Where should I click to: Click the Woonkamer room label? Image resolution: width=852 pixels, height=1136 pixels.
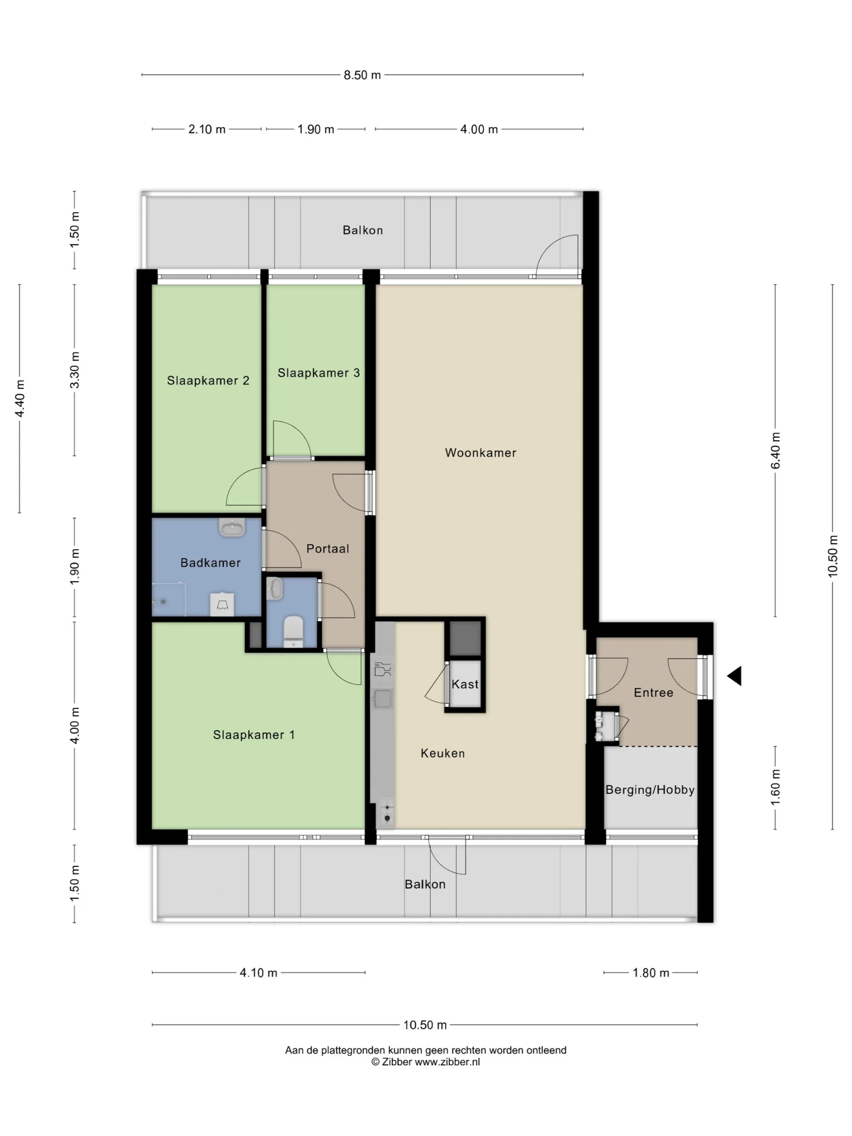(480, 453)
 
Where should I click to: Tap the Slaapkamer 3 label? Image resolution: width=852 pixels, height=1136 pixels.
(319, 373)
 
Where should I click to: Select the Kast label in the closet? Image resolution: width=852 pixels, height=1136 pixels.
(465, 684)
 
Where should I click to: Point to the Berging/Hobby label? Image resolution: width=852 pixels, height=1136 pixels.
(650, 790)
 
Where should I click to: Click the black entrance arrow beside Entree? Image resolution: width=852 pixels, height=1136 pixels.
(735, 676)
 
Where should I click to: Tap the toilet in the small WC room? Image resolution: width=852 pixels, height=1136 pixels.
(293, 632)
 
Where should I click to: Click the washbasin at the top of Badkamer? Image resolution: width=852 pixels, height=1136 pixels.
(232, 528)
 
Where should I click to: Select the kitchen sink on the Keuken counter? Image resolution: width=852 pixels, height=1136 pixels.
(383, 698)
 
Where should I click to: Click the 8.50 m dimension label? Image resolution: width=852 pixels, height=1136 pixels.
(362, 75)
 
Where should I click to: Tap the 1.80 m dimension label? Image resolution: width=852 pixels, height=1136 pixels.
(651, 973)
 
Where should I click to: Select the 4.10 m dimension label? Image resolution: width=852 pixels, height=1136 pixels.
(258, 973)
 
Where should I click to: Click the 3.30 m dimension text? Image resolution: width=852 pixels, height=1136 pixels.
(75, 370)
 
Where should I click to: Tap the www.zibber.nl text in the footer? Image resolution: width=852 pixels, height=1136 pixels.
(447, 1062)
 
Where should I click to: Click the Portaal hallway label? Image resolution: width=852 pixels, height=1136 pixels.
(327, 548)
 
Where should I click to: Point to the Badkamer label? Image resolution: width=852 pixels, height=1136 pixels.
(211, 563)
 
